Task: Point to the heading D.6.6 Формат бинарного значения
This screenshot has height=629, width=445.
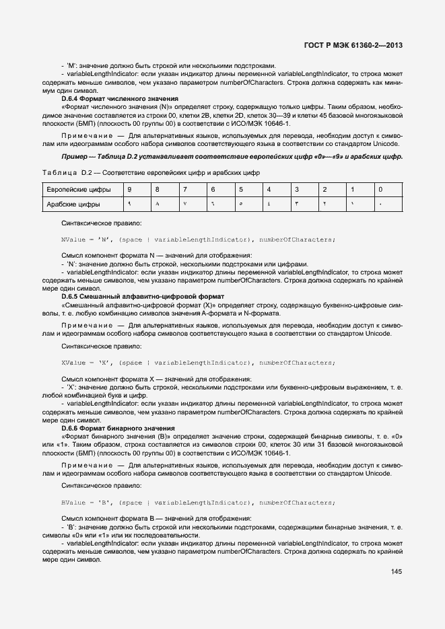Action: [118, 428]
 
